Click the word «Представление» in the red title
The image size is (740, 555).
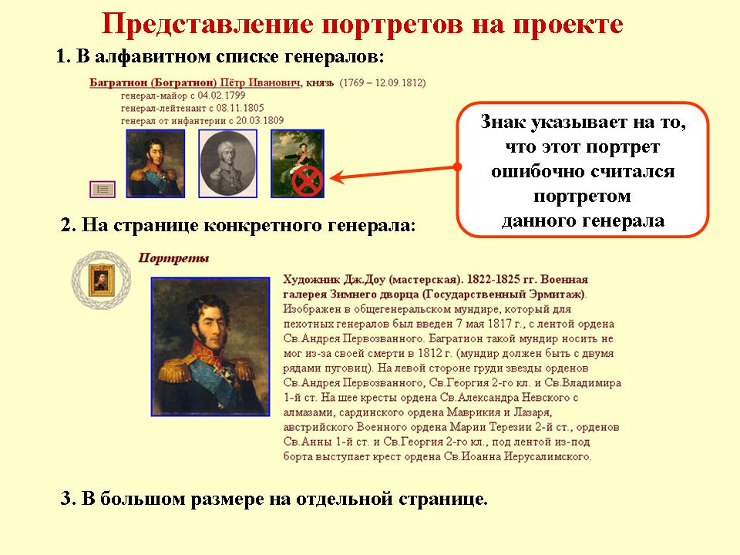click(207, 25)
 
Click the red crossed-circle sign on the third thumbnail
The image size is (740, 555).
click(307, 181)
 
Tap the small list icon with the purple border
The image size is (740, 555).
click(103, 190)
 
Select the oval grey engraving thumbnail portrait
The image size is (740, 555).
click(228, 163)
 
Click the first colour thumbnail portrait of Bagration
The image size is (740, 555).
click(155, 163)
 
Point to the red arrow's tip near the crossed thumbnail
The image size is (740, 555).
click(329, 178)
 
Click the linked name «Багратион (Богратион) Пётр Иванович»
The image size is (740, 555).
click(195, 83)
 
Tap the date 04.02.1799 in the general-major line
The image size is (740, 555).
click(221, 96)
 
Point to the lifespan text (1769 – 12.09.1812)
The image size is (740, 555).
click(383, 83)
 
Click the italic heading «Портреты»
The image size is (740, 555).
click(173, 258)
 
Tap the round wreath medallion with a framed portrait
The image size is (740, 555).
click(102, 280)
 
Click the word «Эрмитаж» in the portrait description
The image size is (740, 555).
click(560, 294)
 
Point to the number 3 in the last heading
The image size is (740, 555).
click(66, 499)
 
